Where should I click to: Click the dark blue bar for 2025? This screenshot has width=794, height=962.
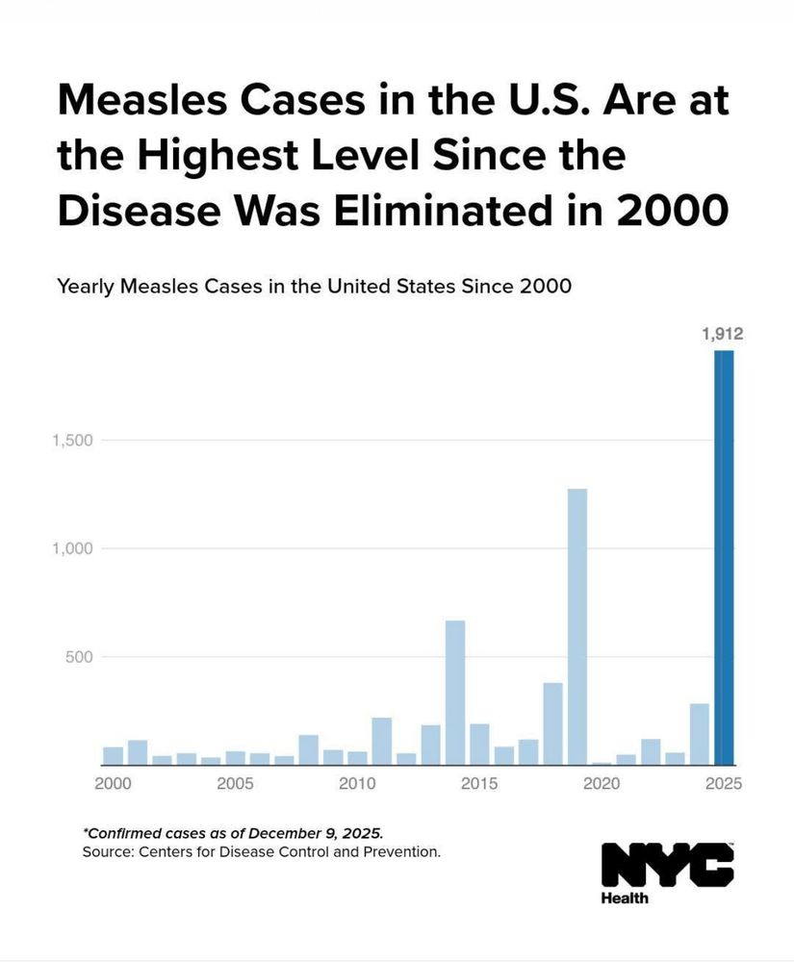(724, 558)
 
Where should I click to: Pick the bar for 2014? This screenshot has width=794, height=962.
(455, 693)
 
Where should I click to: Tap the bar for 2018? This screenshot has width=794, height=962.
(552, 723)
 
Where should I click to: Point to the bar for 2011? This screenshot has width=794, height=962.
(381, 741)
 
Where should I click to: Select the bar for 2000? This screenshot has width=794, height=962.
(113, 755)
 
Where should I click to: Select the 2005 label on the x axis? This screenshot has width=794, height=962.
(235, 784)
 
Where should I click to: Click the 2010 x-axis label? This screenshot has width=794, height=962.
(357, 784)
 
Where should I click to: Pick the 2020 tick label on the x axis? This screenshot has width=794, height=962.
(602, 784)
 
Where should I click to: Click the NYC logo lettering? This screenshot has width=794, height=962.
(667, 864)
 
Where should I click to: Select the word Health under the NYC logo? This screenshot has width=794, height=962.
(625, 899)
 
